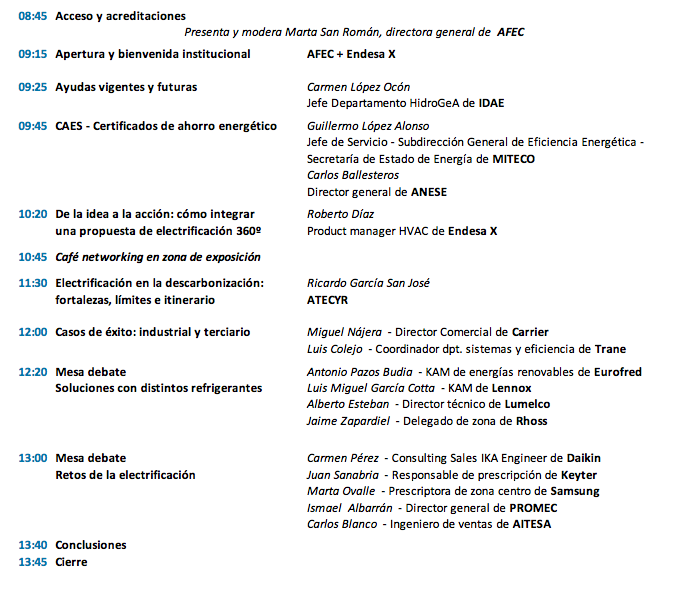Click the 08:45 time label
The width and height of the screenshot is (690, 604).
[x=33, y=17]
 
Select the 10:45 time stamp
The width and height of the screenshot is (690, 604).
[x=33, y=257]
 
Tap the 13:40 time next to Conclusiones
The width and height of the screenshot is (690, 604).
[x=33, y=545]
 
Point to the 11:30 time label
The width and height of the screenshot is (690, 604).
[x=33, y=283]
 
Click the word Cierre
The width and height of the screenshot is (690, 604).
[x=71, y=562]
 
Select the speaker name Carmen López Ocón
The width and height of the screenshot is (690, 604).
[x=358, y=87]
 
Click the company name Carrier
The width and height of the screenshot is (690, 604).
[x=529, y=332]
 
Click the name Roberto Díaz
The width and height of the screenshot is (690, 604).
[x=340, y=214]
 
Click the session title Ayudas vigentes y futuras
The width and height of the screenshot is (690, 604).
[x=126, y=87]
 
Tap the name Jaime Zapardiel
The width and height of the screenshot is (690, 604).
[x=349, y=421]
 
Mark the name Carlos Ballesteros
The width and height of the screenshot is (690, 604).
[x=354, y=175]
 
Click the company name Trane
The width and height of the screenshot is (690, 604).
[x=612, y=349]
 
